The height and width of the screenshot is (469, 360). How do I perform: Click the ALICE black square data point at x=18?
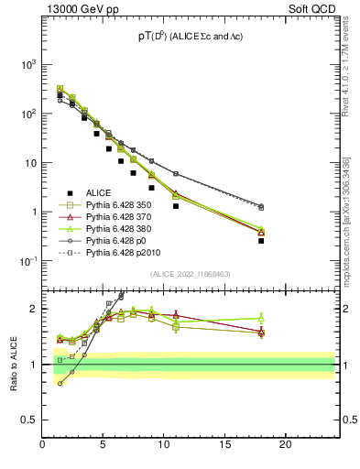coord(261,241)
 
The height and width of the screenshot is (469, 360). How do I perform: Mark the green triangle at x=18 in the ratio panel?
coord(261,318)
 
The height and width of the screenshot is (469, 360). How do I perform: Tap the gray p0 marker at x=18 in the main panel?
coord(261,206)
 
